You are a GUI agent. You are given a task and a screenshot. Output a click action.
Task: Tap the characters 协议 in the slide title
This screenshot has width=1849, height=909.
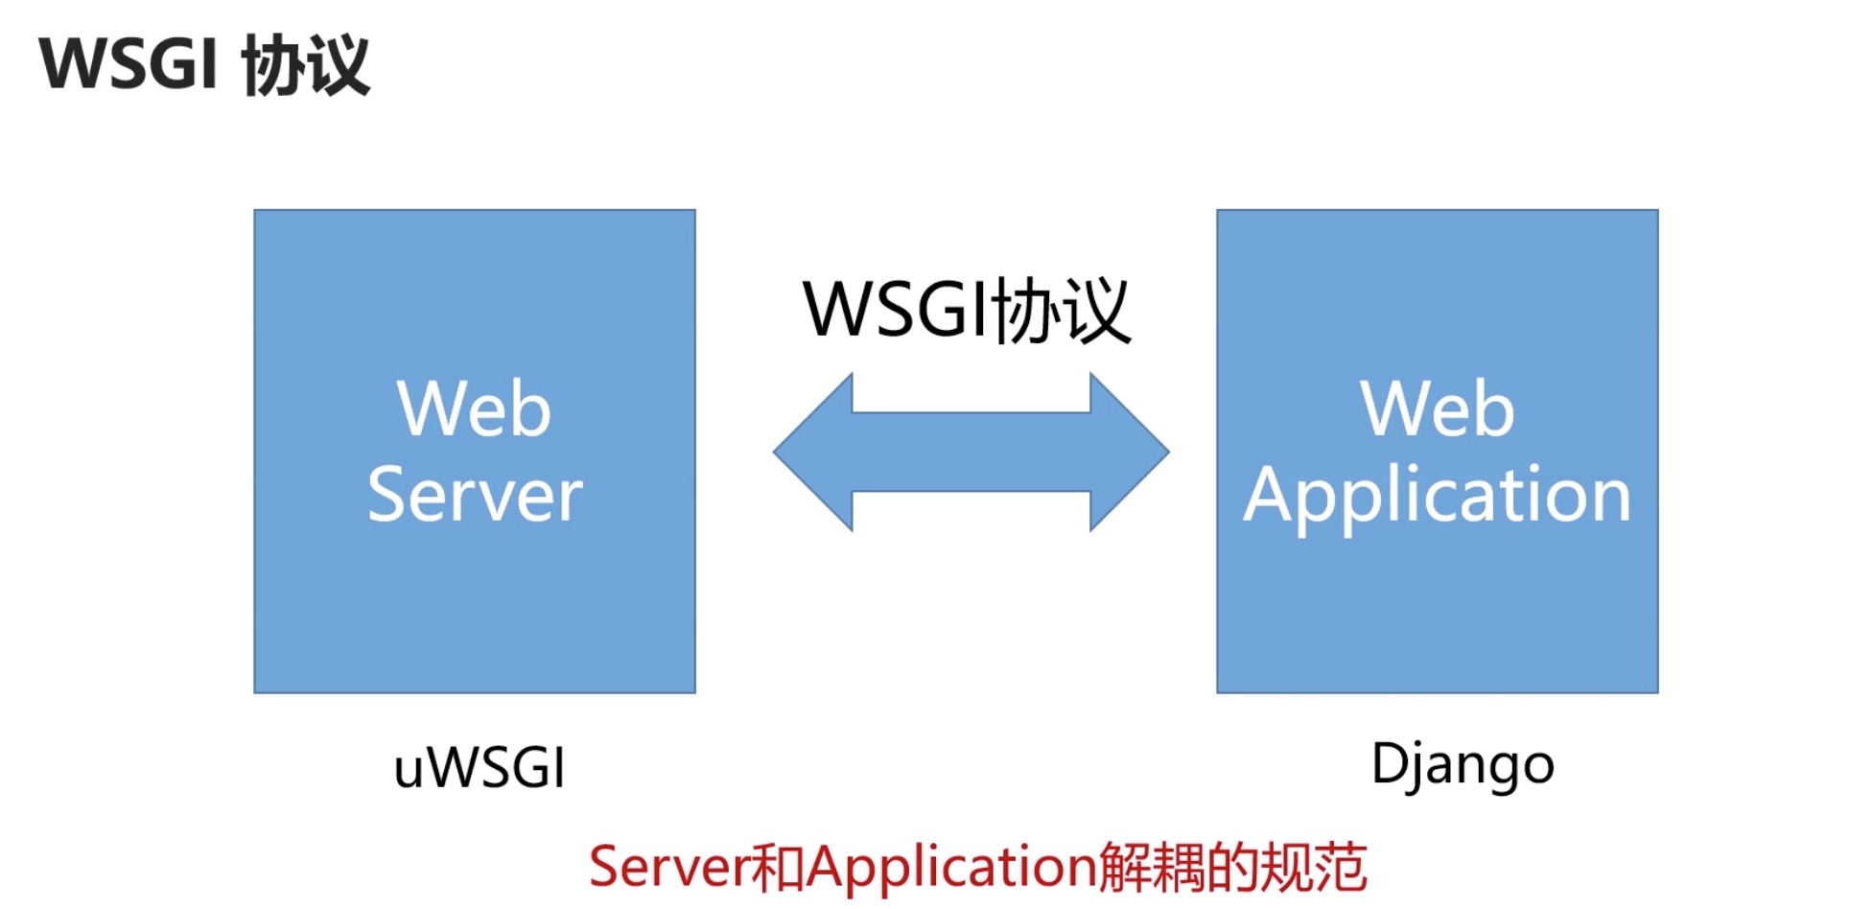coord(306,65)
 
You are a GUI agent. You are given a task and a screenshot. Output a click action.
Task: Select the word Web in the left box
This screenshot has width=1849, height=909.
coord(475,409)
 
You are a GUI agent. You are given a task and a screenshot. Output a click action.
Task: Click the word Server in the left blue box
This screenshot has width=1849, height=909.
coord(475,495)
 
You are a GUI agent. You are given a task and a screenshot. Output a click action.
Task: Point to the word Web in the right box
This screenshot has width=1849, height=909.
coord(1437,409)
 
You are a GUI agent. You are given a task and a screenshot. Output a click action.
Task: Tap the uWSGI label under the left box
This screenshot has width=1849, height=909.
coord(480,769)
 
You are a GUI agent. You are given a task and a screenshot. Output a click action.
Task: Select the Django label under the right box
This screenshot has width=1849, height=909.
coord(1463,765)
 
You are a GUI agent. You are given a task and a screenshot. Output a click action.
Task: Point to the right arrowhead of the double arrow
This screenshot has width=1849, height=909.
coord(1130,452)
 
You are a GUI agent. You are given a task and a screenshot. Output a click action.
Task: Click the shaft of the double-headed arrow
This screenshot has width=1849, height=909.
coord(971,452)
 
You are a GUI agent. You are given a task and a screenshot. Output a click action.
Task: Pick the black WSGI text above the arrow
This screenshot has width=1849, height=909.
coord(897,310)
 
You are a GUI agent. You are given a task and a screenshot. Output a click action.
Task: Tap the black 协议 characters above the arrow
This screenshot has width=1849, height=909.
coord(1062,310)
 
